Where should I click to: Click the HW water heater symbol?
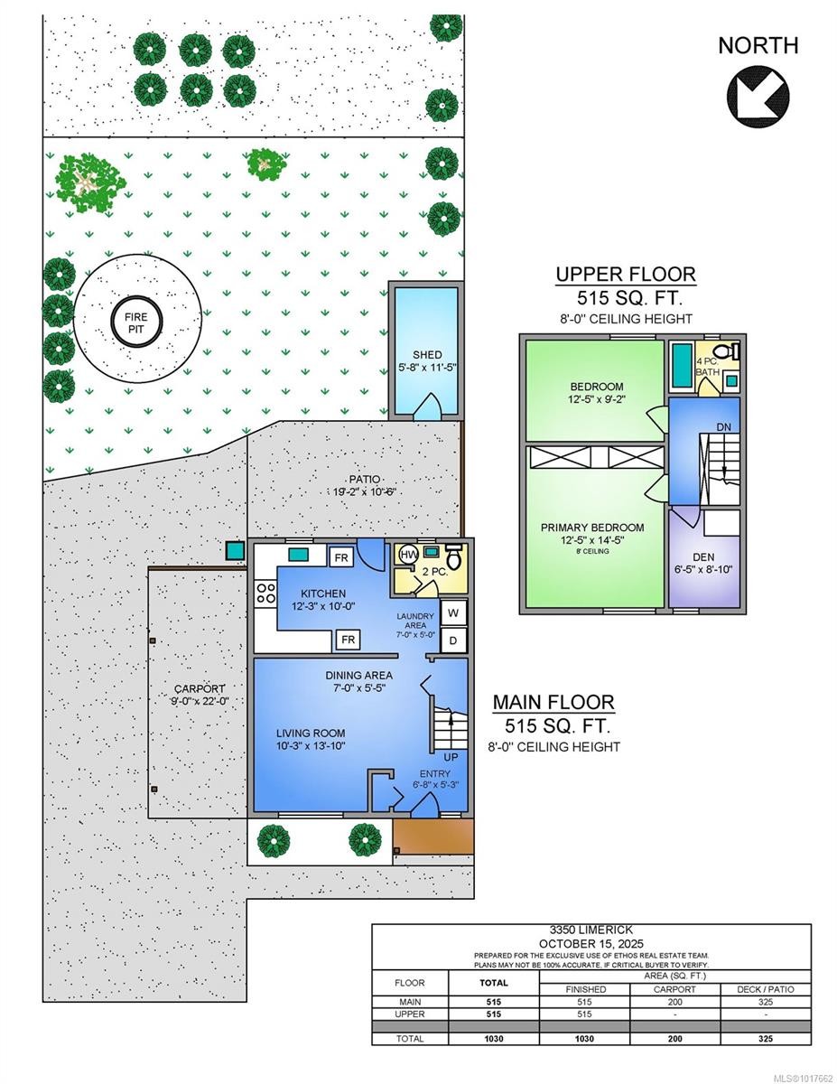coord(408,554)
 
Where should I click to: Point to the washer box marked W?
coord(454,613)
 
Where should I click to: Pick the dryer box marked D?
coord(454,640)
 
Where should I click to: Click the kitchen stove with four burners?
coord(266,593)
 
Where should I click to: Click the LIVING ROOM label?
coord(311,733)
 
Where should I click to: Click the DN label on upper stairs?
coord(723,427)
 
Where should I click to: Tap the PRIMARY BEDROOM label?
coord(592,528)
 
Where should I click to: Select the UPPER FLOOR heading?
coord(625,275)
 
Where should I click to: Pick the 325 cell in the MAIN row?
coord(767,1002)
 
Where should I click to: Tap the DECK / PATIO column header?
coord(767,988)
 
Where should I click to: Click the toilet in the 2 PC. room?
coord(454,558)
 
